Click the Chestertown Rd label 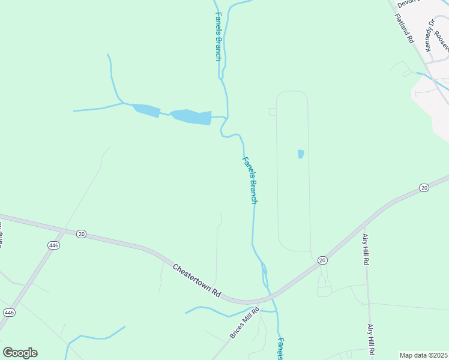tap(196, 281)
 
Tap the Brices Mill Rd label tap(244, 324)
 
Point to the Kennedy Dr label tap(429, 36)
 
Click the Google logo tap(20, 353)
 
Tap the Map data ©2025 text tap(424, 355)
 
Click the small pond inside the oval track tap(301, 154)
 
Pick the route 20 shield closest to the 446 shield tap(81, 233)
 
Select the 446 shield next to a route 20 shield tap(54, 245)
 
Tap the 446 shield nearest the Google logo tap(9, 313)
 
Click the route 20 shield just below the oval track tap(322, 260)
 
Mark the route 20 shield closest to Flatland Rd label tap(424, 188)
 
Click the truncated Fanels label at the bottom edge tap(280, 349)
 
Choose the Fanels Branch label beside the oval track tap(250, 180)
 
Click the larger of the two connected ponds tap(191, 116)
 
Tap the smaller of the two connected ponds tap(146, 110)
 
